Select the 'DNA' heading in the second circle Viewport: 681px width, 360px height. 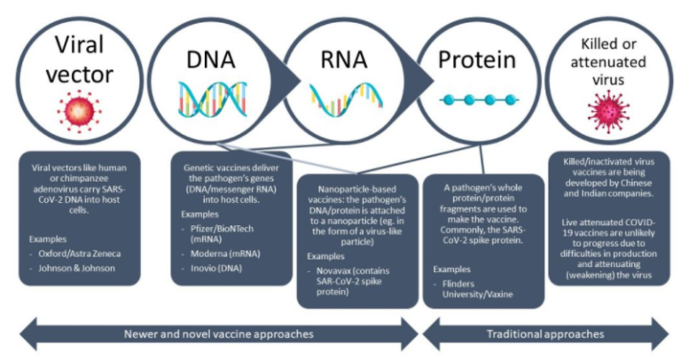tap(211, 59)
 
